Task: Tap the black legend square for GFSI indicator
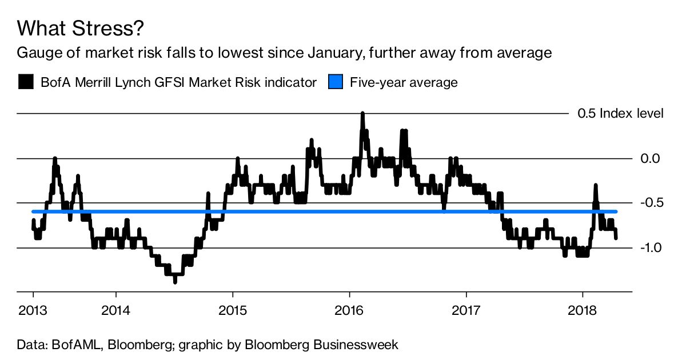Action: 26,82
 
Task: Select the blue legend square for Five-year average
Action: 336,82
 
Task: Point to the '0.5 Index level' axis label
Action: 620,114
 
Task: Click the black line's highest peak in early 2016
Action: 362,114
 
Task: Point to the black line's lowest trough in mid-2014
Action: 175,281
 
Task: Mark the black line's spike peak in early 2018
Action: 596,186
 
